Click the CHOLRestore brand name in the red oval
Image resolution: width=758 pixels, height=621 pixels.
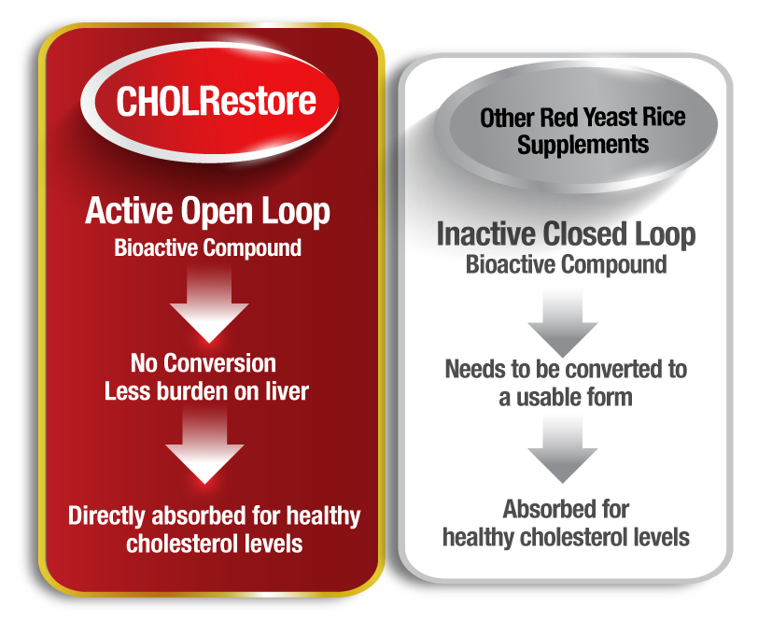pos(216,101)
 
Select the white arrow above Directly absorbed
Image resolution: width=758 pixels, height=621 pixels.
pos(204,444)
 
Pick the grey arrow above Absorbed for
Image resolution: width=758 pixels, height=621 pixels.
pos(562,449)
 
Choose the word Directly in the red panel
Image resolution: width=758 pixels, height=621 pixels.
pos(106,516)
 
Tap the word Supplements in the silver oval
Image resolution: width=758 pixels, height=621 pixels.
pos(583,145)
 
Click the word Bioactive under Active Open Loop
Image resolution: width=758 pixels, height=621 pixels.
pos(156,247)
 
